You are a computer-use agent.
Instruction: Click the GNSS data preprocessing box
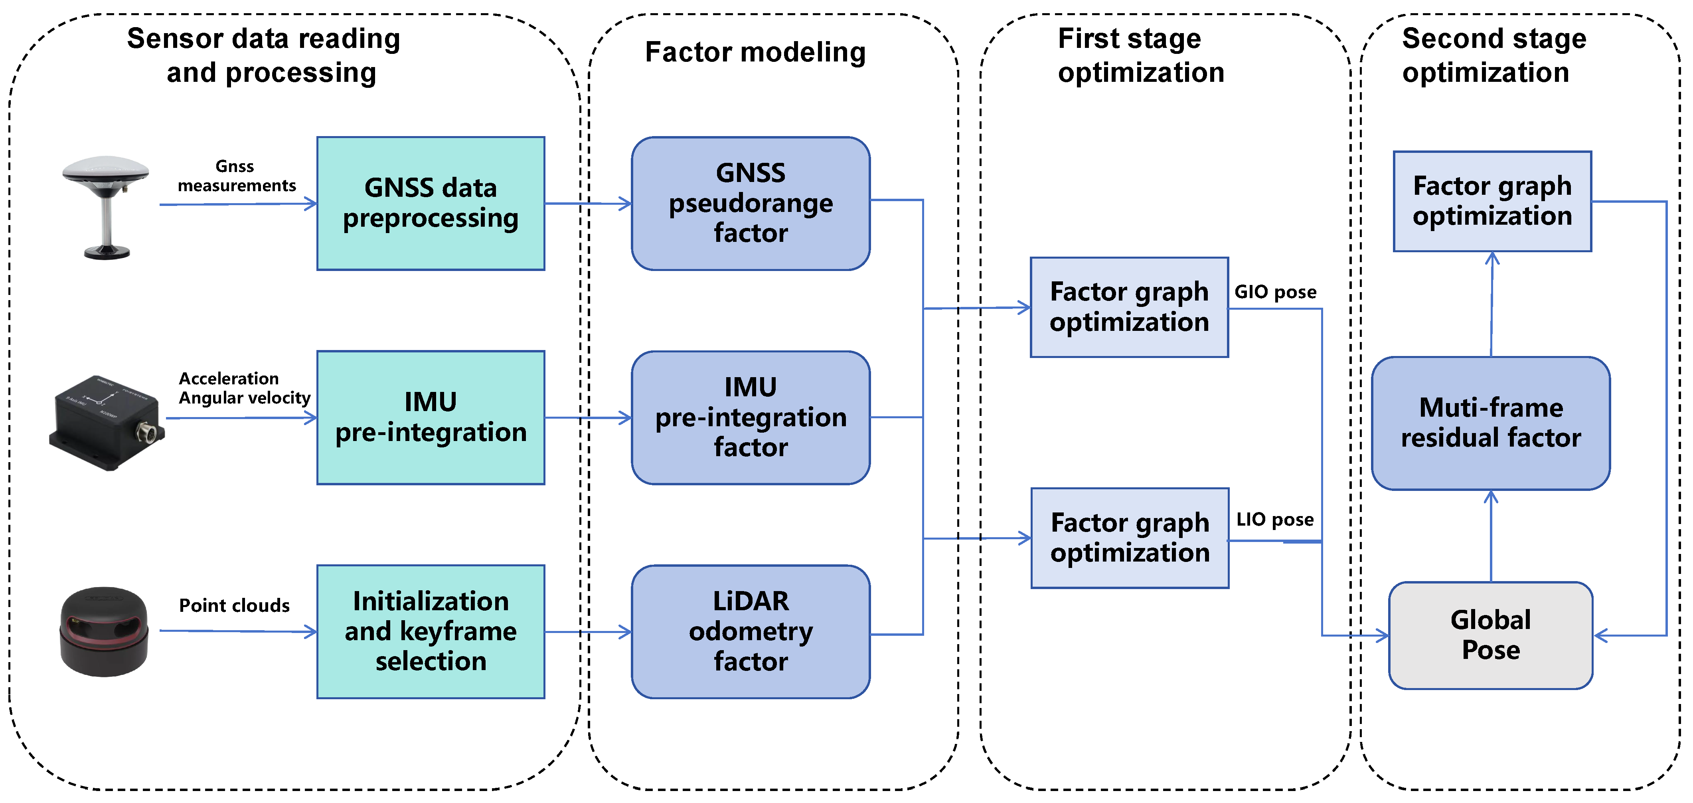431,203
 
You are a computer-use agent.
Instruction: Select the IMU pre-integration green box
431,417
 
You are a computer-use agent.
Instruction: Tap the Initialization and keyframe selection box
431,631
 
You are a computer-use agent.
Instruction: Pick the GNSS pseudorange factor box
751,203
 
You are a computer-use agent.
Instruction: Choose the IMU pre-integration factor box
751,417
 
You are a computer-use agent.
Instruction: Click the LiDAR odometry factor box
751,631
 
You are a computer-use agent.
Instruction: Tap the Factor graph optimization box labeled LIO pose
1129,538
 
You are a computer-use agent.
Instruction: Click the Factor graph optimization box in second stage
1492,201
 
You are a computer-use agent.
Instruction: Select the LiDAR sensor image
104,631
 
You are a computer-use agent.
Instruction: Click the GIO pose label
1275,292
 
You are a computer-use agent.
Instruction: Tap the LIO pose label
1274,520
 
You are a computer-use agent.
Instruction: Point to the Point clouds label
234,605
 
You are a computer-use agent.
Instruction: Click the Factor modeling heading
755,52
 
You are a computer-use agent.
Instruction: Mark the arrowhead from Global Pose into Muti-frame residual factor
1491,497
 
